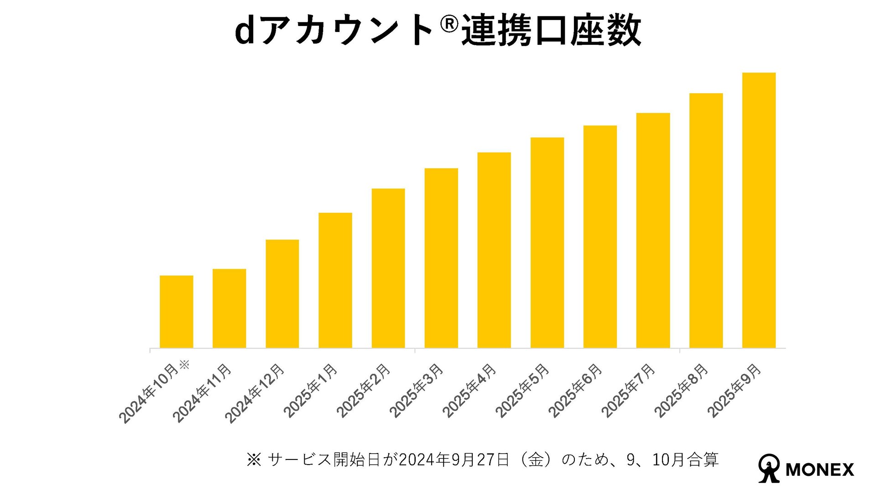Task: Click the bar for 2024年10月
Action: point(176,311)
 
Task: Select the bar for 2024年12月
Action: point(282,294)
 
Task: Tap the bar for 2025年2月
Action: point(388,268)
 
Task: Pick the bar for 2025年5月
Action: point(547,243)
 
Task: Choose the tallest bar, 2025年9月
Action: point(759,210)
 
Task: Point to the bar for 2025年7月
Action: point(653,230)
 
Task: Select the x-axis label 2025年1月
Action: point(310,391)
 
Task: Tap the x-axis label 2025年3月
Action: point(416,391)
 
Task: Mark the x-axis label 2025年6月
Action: point(575,391)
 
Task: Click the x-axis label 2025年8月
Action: point(681,391)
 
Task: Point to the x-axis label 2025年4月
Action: point(469,391)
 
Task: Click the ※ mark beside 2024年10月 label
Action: point(184,365)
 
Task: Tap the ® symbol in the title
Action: point(449,24)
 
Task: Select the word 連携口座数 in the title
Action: point(551,31)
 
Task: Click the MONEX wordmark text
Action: point(820,470)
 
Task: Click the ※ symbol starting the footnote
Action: point(254,459)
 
